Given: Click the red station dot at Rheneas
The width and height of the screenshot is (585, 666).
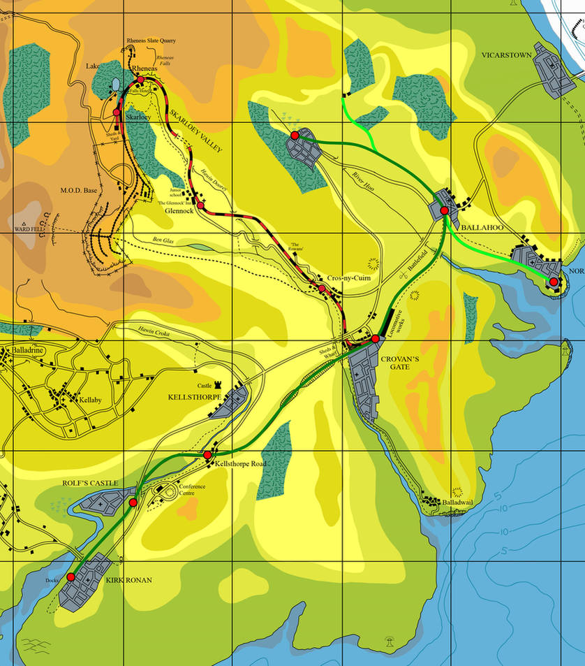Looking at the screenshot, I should [x=140, y=80].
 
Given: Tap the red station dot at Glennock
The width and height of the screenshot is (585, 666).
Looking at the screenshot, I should [x=201, y=205].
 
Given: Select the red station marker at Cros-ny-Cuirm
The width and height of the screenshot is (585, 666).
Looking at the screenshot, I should [x=322, y=288].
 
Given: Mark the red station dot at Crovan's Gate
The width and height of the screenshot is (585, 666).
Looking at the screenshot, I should [x=375, y=339].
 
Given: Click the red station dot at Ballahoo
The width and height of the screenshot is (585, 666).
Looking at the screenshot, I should [x=444, y=210].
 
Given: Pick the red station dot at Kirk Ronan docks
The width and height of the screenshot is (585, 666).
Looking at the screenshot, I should [x=71, y=577].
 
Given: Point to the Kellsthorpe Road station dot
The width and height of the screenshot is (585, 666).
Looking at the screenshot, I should [x=207, y=455].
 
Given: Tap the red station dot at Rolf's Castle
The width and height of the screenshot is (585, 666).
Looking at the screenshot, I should [x=133, y=502].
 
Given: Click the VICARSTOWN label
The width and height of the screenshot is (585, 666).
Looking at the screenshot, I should [x=506, y=55].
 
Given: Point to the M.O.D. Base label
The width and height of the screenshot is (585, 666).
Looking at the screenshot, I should [x=78, y=191].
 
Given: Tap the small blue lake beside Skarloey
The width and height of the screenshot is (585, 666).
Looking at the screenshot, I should [x=115, y=85].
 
